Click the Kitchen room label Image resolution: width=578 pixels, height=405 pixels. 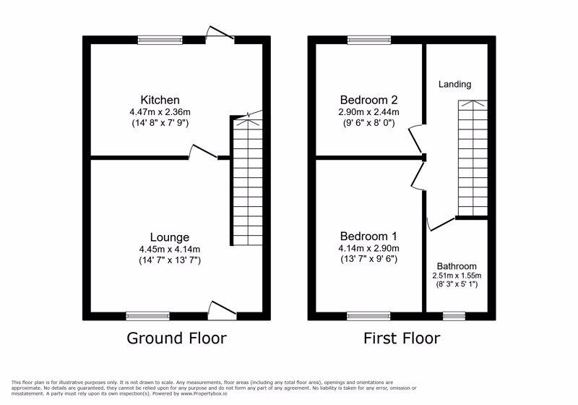pos(160,100)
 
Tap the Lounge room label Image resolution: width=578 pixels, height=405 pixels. pos(170,237)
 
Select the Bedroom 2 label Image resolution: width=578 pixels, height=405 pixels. pos(369,100)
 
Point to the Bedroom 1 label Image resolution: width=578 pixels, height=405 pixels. pos(369,236)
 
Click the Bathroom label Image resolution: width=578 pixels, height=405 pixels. pos(457,265)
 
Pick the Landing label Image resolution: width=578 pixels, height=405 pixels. pos(454,84)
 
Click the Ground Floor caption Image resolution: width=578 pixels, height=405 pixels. pos(176,338)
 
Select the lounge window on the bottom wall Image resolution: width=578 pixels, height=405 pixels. pos(147,315)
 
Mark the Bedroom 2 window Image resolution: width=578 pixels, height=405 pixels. pos(369,40)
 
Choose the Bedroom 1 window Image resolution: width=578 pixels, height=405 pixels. pos(368,315)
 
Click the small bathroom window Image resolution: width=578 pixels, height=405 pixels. pos(454,315)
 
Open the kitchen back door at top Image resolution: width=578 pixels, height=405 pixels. pos(220,34)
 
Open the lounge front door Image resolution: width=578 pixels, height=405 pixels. pos(221,310)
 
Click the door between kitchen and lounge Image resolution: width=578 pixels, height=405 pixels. pos(203,152)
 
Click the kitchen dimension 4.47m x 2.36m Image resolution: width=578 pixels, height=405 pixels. pos(160,113)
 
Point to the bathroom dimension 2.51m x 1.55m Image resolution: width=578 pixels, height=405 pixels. pos(457,276)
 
